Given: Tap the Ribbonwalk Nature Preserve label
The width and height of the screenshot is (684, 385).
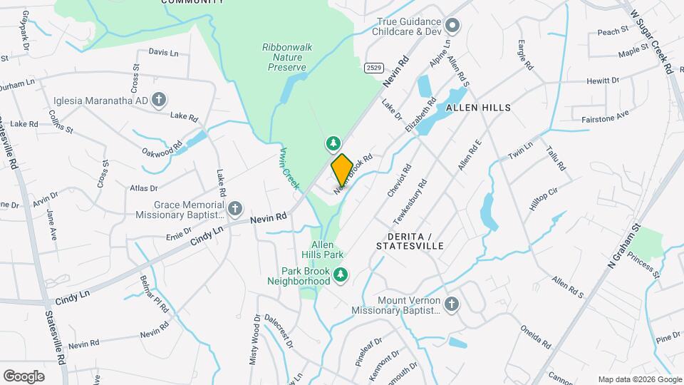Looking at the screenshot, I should tap(284, 57).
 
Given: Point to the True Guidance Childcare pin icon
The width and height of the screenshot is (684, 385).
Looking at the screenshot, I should tap(453, 27).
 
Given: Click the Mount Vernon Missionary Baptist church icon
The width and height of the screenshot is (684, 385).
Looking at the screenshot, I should tap(452, 304).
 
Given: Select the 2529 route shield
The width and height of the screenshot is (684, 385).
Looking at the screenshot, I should tap(372, 68).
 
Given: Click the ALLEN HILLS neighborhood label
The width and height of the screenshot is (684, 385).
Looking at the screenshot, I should tap(478, 108).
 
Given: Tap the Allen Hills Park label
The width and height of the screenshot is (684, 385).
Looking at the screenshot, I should tap(327, 250).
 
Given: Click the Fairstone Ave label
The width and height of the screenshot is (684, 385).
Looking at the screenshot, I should tap(605, 115).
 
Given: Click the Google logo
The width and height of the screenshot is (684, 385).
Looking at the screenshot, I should tap(24, 376).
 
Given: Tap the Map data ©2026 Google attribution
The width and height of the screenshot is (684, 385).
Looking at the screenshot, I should tap(638, 379).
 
